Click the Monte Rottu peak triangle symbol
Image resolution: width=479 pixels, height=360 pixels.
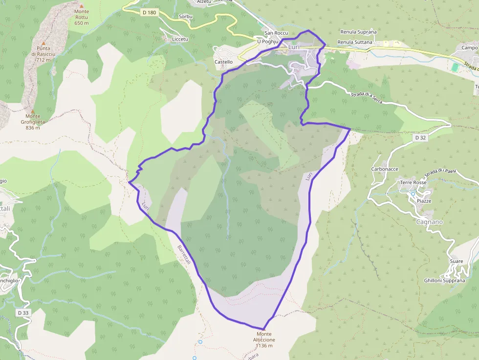[81, 6]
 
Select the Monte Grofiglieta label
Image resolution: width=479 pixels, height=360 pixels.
[32, 122]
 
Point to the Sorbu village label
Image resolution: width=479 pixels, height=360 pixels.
[186, 16]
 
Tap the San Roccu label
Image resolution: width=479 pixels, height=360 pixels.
[276, 33]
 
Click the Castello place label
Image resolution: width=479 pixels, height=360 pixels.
[223, 62]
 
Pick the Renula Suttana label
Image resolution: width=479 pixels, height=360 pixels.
[355, 42]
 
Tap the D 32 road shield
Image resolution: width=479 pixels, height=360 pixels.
[420, 138]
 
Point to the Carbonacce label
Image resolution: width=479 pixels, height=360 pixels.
[385, 169]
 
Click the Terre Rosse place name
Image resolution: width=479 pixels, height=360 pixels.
[414, 183]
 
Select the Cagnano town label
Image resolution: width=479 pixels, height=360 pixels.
[429, 222]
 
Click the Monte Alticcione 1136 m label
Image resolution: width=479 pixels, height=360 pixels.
[264, 339]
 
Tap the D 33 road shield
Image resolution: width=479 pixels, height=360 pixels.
[23, 313]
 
